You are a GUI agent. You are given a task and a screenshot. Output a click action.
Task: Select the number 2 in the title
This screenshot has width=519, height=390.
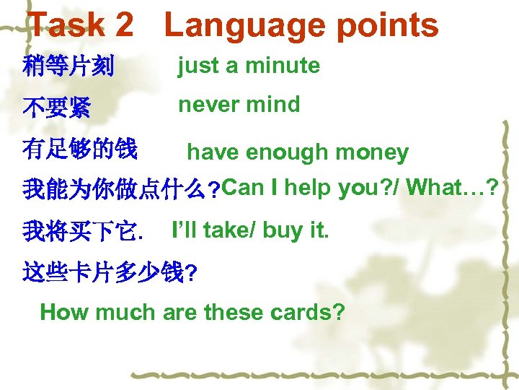coord(122,25)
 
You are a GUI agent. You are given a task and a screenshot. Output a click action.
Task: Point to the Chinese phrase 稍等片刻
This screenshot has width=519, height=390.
coord(68,68)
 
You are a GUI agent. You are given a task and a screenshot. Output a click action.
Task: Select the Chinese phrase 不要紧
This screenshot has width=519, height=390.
coord(57,108)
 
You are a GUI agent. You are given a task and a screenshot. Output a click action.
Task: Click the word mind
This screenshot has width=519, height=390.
coord(273,105)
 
